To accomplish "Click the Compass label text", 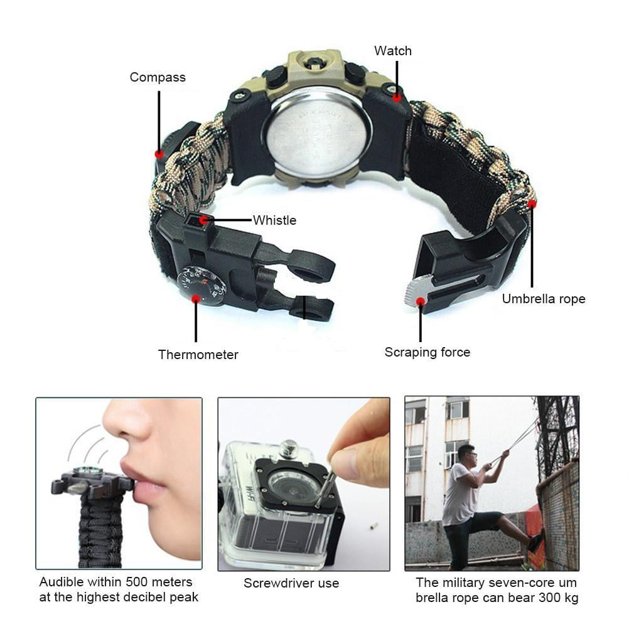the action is pyautogui.click(x=158, y=77).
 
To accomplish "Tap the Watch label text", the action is pyautogui.click(x=393, y=51).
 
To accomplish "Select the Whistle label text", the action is pyautogui.click(x=275, y=220).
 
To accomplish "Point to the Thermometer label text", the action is pyautogui.click(x=198, y=355).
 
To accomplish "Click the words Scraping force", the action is pyautogui.click(x=427, y=352).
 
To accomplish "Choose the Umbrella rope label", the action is pyautogui.click(x=544, y=299).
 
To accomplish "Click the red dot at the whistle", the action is pyautogui.click(x=204, y=220).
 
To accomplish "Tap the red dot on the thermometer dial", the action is pyautogui.click(x=196, y=299).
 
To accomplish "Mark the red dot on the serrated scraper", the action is pyautogui.click(x=421, y=302).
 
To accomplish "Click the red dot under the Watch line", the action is pyautogui.click(x=397, y=97).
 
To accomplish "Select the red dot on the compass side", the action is pyautogui.click(x=159, y=154).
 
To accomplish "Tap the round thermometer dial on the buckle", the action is pyautogui.click(x=202, y=285).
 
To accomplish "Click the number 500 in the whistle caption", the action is pyautogui.click(x=137, y=582).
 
